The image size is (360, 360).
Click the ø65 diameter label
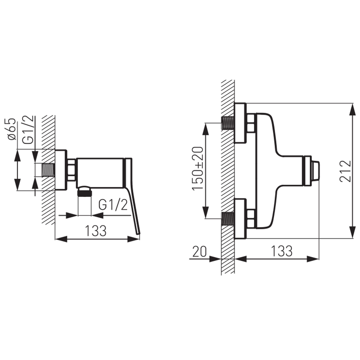pyautogui.click(x=12, y=129)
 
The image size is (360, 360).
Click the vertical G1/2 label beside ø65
pyautogui.click(x=28, y=130)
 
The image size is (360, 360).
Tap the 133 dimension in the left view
pyautogui.click(x=96, y=230)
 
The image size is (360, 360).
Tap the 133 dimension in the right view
pyautogui.click(x=282, y=251)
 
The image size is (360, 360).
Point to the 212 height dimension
pyautogui.click(x=345, y=171)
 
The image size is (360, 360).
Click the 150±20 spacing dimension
pyautogui.click(x=198, y=168)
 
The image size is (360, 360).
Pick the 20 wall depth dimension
pyautogui.click(x=199, y=251)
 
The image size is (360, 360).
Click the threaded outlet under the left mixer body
pyautogui.click(x=85, y=191)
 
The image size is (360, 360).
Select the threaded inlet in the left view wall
pyautogui.click(x=48, y=170)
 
